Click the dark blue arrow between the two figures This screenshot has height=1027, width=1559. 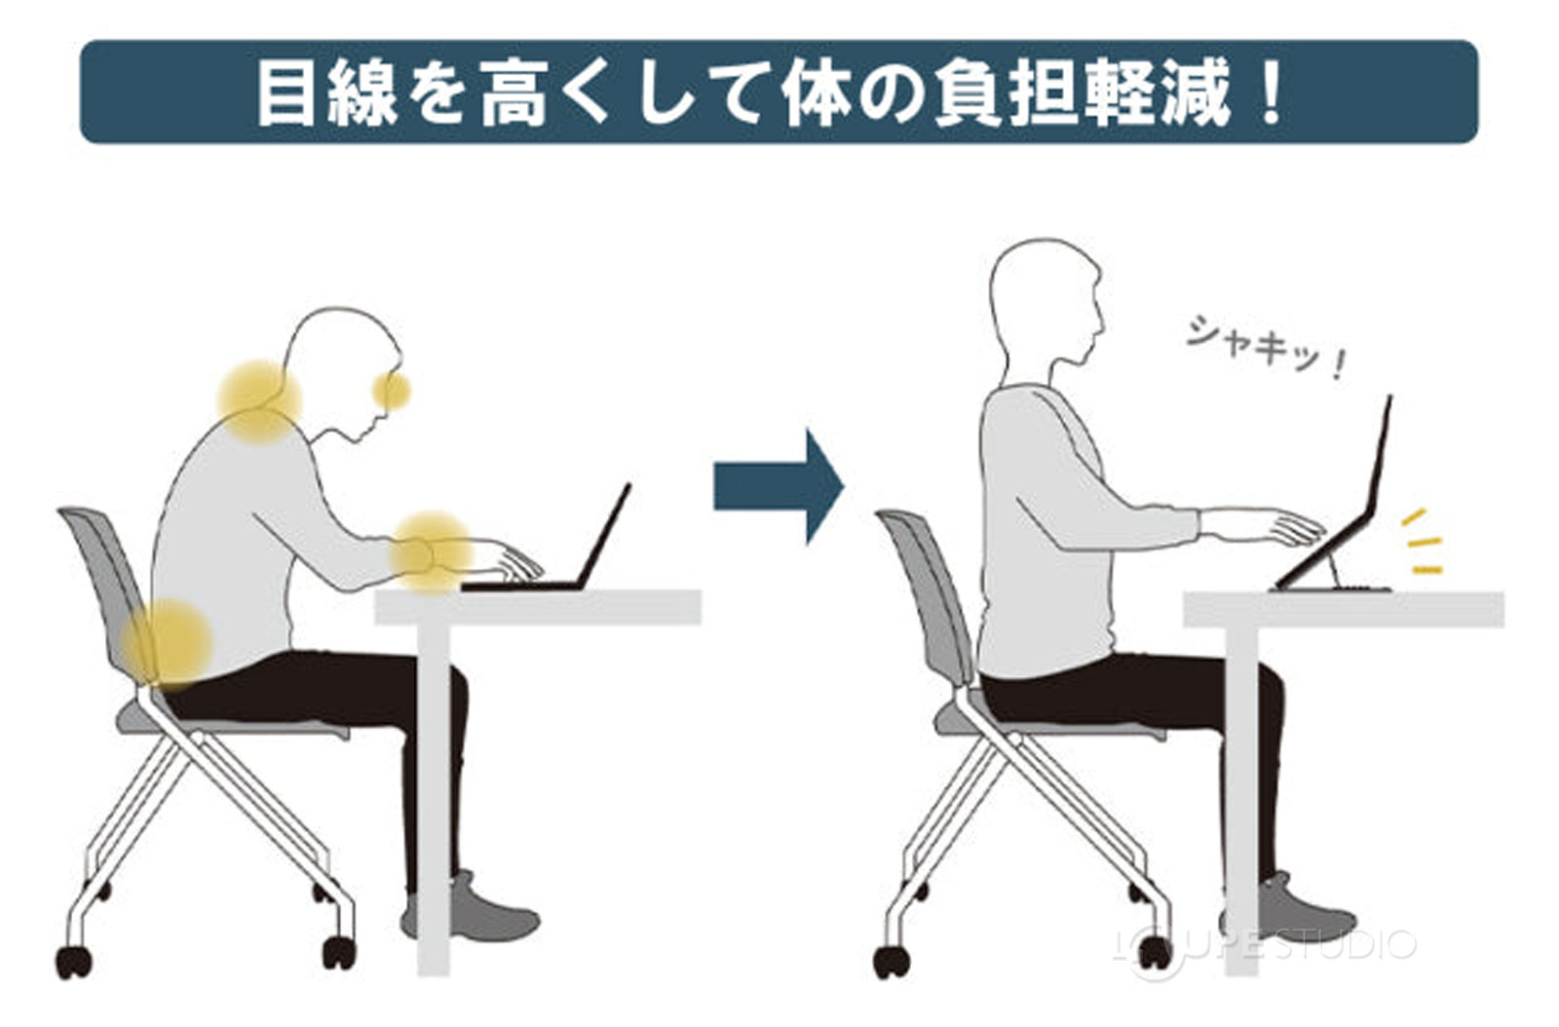(778, 486)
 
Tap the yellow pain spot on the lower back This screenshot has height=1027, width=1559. (168, 643)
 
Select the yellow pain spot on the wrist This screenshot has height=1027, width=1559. (430, 552)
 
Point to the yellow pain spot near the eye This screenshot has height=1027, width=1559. (392, 391)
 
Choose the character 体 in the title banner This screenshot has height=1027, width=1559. (817, 94)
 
